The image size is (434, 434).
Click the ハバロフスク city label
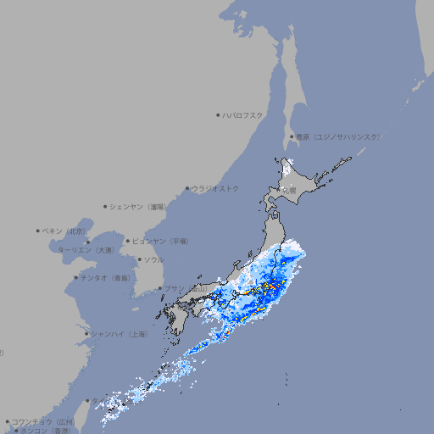pos(243,115)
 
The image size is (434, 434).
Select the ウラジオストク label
pos(215,188)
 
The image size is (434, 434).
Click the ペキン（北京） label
pos(64,231)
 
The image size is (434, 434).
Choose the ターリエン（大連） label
pos(86,250)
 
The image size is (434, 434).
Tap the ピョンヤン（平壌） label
pos(161,241)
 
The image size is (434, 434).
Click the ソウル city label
pos(153,259)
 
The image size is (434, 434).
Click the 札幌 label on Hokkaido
pos(289,191)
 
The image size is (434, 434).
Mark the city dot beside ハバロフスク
pos(218,115)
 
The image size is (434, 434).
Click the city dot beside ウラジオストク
pos(187,188)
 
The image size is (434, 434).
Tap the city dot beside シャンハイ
pos(86,334)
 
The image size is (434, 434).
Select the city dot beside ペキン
pos(37,231)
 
